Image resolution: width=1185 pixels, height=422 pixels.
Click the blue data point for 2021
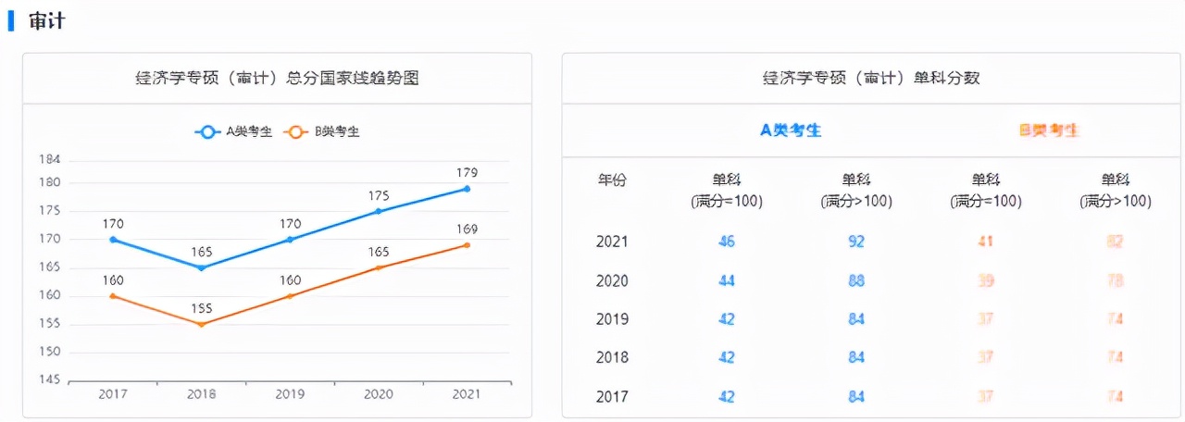(x=467, y=189)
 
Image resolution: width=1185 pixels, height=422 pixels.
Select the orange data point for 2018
(x=201, y=324)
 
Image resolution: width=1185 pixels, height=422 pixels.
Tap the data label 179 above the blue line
(x=467, y=173)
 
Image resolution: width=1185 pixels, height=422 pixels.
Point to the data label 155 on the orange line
(x=201, y=308)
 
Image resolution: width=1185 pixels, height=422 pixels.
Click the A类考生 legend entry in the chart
(x=234, y=131)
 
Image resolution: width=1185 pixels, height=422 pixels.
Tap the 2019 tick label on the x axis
(x=290, y=393)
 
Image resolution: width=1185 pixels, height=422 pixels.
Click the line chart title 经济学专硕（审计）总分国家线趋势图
(x=277, y=79)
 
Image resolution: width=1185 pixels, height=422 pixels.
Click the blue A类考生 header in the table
(x=791, y=130)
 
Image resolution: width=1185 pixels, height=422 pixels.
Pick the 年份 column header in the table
(x=612, y=180)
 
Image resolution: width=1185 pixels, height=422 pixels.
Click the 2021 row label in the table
(x=612, y=242)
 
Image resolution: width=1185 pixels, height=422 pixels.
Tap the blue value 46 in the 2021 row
(x=727, y=242)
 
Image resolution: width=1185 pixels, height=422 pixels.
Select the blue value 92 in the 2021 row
(x=856, y=242)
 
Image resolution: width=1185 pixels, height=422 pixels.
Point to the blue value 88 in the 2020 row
(x=856, y=280)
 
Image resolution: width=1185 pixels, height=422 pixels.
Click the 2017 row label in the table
(x=612, y=397)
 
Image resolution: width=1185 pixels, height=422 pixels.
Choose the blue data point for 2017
(x=113, y=240)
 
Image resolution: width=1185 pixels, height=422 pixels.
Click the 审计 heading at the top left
(x=46, y=20)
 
